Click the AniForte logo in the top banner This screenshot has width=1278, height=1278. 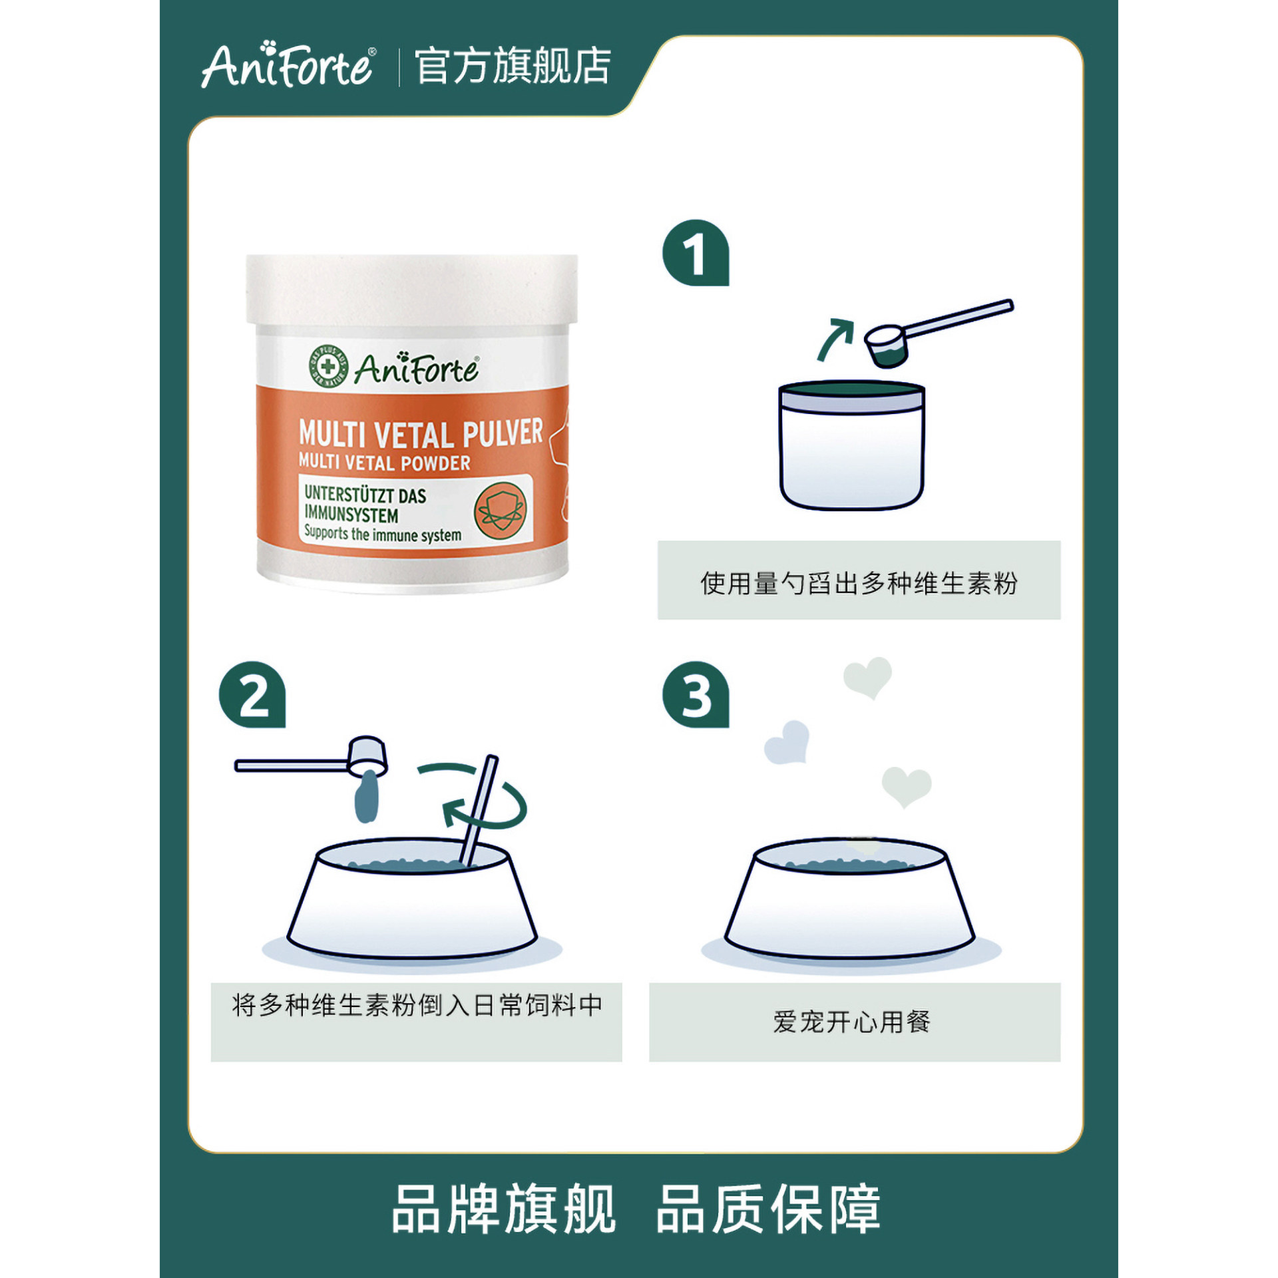point(288,65)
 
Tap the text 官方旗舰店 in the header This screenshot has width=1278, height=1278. point(513,66)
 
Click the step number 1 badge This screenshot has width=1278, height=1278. point(696,253)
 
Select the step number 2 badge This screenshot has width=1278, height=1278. point(252,694)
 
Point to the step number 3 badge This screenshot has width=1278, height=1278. point(696,694)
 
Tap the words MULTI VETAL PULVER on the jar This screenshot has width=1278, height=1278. point(421,433)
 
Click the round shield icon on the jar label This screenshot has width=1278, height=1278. point(501,511)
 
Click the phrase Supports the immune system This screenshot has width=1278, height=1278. point(383,533)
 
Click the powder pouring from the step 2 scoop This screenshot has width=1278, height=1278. point(366,796)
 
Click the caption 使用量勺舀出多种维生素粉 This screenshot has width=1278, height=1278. point(859,583)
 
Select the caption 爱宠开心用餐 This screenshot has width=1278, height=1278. point(852,1021)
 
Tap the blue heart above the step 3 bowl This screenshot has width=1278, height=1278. point(787,742)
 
